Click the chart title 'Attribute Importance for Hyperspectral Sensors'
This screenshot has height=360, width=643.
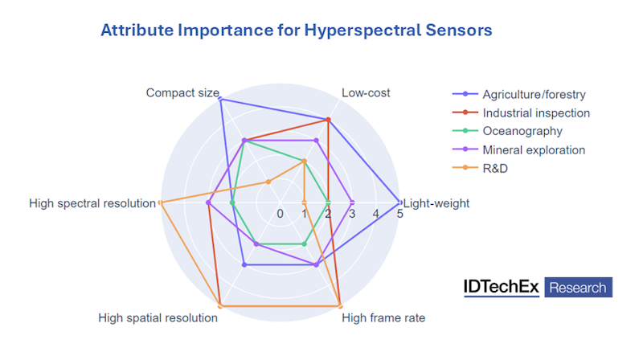point(296,31)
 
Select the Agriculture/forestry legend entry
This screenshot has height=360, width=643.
point(535,95)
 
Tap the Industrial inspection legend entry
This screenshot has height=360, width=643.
point(536,113)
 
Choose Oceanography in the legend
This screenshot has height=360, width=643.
point(522,131)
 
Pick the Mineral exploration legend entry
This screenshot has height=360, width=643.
point(534,149)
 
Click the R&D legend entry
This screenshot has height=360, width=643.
point(496,168)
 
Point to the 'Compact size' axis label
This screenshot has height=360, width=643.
point(182,92)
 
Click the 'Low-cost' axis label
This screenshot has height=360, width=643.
point(366,92)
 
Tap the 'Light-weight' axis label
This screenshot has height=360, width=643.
point(436,203)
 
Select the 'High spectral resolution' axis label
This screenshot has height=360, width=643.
point(92,203)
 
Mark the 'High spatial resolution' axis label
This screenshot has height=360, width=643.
point(158,317)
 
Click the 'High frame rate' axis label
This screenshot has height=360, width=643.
point(383,317)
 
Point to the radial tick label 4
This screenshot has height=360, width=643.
point(376,214)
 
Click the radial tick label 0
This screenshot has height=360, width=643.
point(280,214)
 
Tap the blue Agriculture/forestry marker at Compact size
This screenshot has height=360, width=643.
point(220,99)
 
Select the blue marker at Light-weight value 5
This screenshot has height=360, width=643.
point(400,202)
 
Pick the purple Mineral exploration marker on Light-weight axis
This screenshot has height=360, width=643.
point(352,202)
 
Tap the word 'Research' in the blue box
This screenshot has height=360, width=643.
point(578,287)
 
